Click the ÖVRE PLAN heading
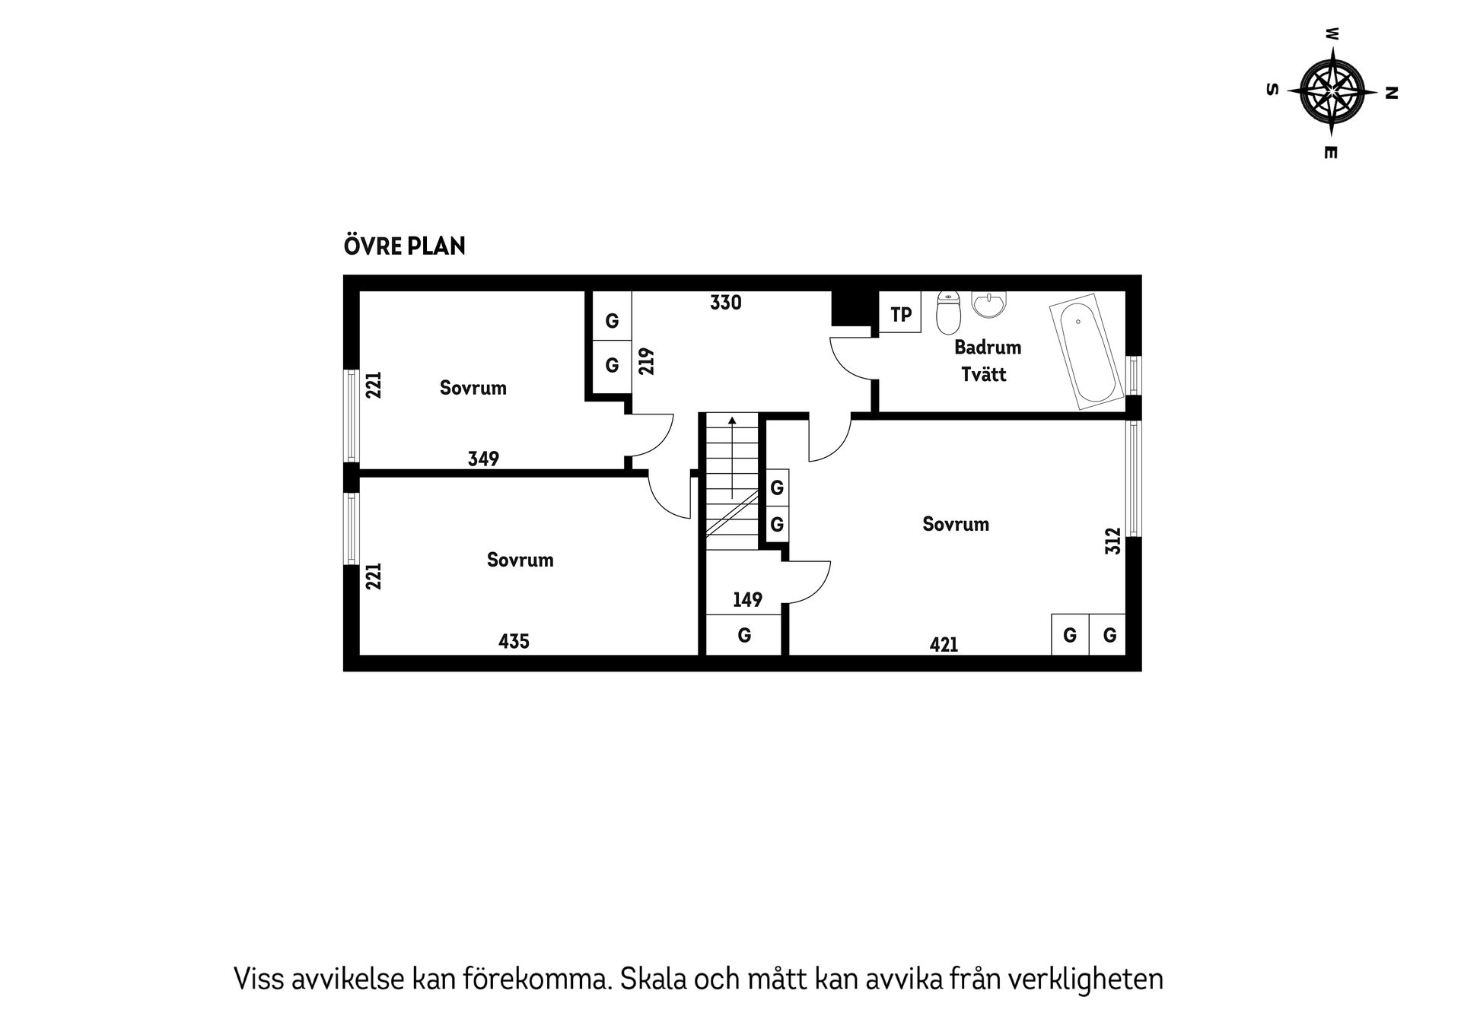pos(404,246)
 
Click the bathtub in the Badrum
pos(1086,354)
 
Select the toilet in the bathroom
pos(949,313)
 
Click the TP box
pos(900,313)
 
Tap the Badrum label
pos(988,348)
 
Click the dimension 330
pos(725,303)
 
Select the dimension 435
pos(514,641)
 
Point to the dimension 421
pos(944,645)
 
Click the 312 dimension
pos(1113,541)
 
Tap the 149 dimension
pos(747,600)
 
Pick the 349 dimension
pos(483,459)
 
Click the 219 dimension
pos(647,361)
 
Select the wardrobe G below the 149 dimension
pos(744,635)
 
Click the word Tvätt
pos(984,374)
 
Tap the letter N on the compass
pos(1392,93)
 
